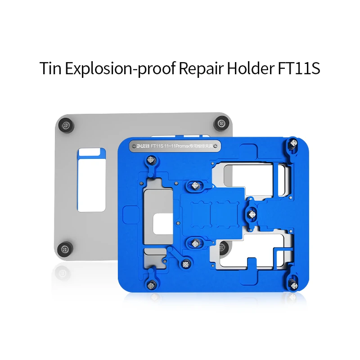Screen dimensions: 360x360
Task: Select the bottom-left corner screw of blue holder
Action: coord(152,283)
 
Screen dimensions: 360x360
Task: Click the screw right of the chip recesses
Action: coord(251,211)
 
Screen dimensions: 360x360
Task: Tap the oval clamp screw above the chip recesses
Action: coord(195,185)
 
